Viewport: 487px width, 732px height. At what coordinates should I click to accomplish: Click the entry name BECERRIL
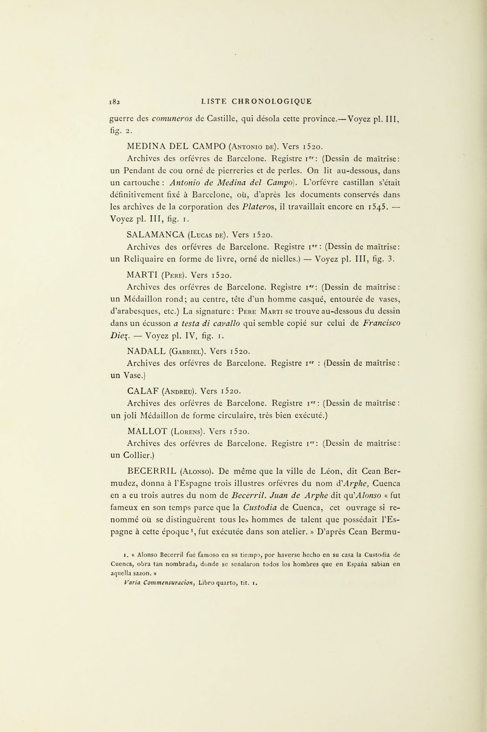152,471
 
